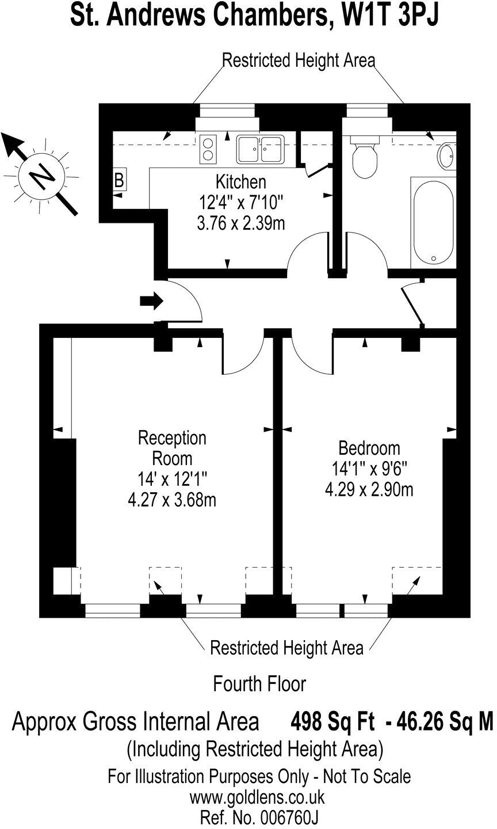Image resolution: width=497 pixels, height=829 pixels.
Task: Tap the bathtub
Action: pos(432,222)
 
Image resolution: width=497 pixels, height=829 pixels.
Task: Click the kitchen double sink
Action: pos(261,149)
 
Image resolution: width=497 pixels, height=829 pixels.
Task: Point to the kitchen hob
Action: pos(208,148)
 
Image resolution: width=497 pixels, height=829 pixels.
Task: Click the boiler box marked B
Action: pos(119,181)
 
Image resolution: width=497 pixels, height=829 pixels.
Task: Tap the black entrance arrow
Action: pos(151,300)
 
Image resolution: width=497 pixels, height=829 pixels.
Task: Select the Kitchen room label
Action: pos(240,182)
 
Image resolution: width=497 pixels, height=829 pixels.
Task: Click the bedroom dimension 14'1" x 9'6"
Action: pos(369,469)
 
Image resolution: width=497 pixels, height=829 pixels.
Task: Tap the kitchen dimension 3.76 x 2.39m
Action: pos(240,223)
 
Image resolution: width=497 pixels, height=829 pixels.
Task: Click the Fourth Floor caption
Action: pos(259,684)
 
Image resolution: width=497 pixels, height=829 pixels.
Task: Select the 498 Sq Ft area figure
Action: pos(332,721)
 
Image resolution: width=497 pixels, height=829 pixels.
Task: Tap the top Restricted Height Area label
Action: pos(299,60)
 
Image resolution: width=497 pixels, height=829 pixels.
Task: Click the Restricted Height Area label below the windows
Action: pos(286,648)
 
